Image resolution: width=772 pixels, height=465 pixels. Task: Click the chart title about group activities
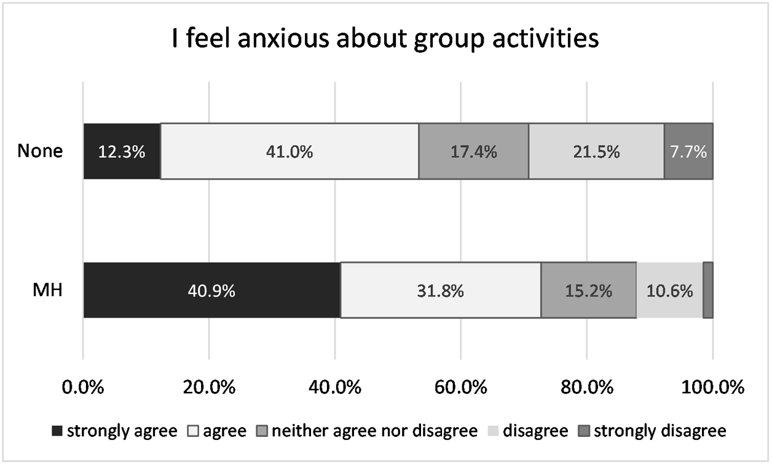[386, 39]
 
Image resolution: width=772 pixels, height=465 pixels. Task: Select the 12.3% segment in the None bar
[122, 151]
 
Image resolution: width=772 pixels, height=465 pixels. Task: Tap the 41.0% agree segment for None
[289, 151]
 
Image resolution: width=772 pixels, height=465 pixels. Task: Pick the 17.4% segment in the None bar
[473, 151]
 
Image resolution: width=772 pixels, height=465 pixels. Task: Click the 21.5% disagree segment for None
[596, 151]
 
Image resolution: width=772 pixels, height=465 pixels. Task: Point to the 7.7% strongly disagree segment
[688, 151]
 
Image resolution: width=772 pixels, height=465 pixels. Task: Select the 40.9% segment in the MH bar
[212, 291]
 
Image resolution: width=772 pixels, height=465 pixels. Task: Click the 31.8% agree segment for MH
[440, 291]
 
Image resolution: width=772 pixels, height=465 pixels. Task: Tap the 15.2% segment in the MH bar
[588, 291]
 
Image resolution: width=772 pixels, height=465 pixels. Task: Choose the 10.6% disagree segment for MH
[669, 291]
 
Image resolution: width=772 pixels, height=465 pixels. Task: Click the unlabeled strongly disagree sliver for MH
[708, 291]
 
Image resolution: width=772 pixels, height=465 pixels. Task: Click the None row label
[40, 151]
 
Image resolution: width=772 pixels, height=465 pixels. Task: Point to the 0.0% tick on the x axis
[84, 388]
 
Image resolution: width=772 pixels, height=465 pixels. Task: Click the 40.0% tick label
[335, 388]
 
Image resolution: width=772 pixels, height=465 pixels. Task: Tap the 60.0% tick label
[461, 388]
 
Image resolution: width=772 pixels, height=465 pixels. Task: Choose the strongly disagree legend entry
[653, 431]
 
